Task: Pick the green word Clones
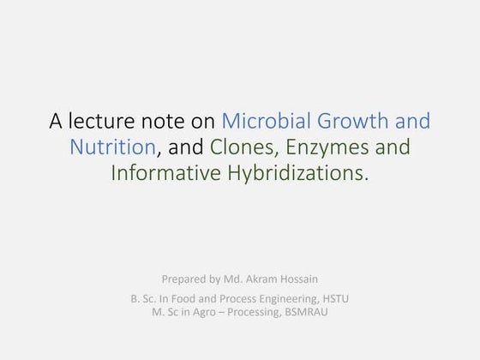pyautogui.click(x=242, y=147)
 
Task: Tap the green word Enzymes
pyautogui.click(x=325, y=147)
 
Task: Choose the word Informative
pyautogui.click(x=165, y=173)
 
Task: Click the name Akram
pyautogui.click(x=259, y=279)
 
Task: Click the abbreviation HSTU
pyautogui.click(x=334, y=298)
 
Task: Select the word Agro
pyautogui.click(x=206, y=311)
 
